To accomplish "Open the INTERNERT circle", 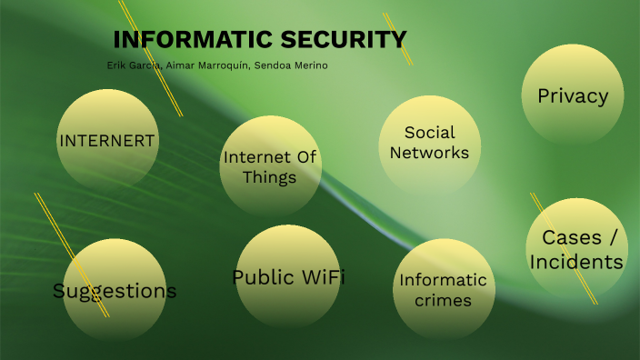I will (x=107, y=140).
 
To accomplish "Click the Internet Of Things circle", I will (x=270, y=167).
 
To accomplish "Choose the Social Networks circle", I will (x=429, y=144).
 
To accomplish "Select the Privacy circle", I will (x=573, y=95).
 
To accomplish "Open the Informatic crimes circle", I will (x=444, y=289).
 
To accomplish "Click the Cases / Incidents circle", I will (x=577, y=249).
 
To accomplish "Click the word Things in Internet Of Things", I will (x=270, y=177).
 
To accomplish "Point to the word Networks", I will (x=429, y=153).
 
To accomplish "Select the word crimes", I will (x=444, y=300).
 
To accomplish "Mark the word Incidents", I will (x=577, y=262).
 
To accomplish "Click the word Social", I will (x=429, y=133).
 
